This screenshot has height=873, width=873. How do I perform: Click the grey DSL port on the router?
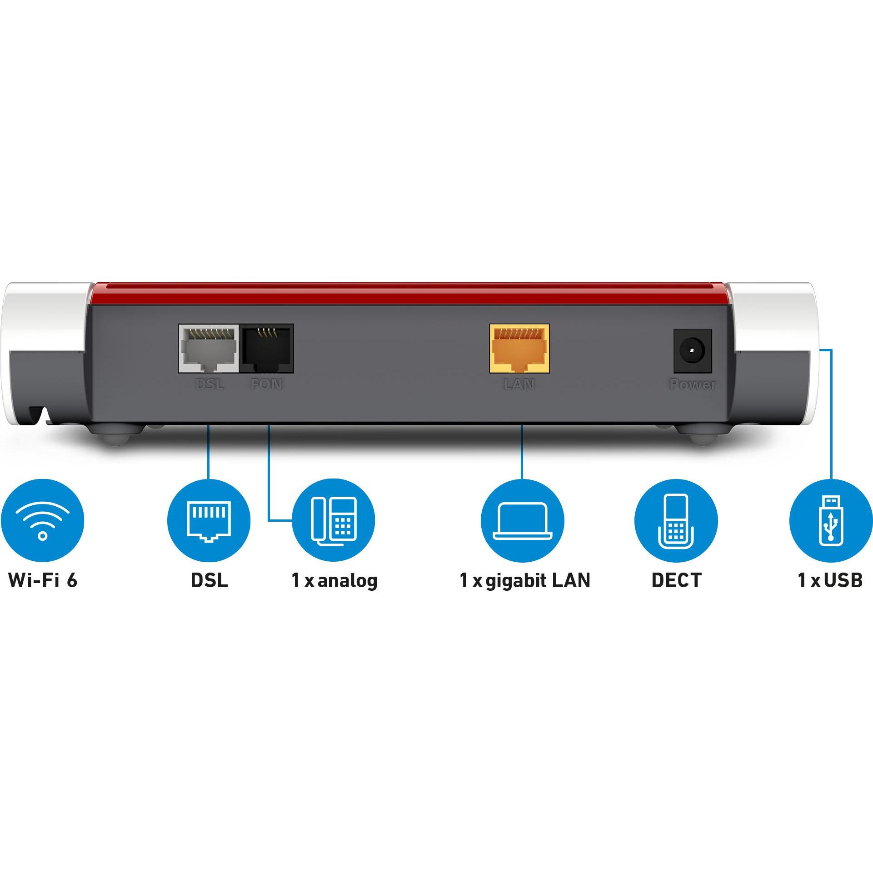(x=209, y=349)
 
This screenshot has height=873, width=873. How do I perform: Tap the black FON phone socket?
(x=267, y=349)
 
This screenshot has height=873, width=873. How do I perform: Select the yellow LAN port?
(x=519, y=349)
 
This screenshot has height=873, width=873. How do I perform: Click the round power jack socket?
(x=692, y=351)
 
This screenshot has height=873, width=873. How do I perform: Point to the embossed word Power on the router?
(x=693, y=384)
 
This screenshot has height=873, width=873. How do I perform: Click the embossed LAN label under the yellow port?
(x=519, y=384)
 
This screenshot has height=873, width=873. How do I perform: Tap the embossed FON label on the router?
(x=266, y=384)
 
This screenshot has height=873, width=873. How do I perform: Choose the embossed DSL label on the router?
(x=210, y=384)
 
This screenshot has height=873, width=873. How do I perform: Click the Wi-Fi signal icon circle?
(x=42, y=520)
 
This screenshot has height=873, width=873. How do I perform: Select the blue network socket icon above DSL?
(x=209, y=520)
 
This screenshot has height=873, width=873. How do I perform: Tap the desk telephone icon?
(x=333, y=520)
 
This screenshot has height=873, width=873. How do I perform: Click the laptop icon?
(x=523, y=520)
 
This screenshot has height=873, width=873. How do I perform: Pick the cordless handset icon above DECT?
(x=676, y=520)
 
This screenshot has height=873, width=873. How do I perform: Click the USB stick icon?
(x=831, y=520)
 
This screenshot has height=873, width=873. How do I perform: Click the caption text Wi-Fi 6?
(x=43, y=580)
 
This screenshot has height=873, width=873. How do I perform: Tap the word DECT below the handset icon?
(x=677, y=580)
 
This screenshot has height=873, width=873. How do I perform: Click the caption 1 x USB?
(x=830, y=580)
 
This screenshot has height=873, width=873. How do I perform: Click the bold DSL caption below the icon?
(x=209, y=580)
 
